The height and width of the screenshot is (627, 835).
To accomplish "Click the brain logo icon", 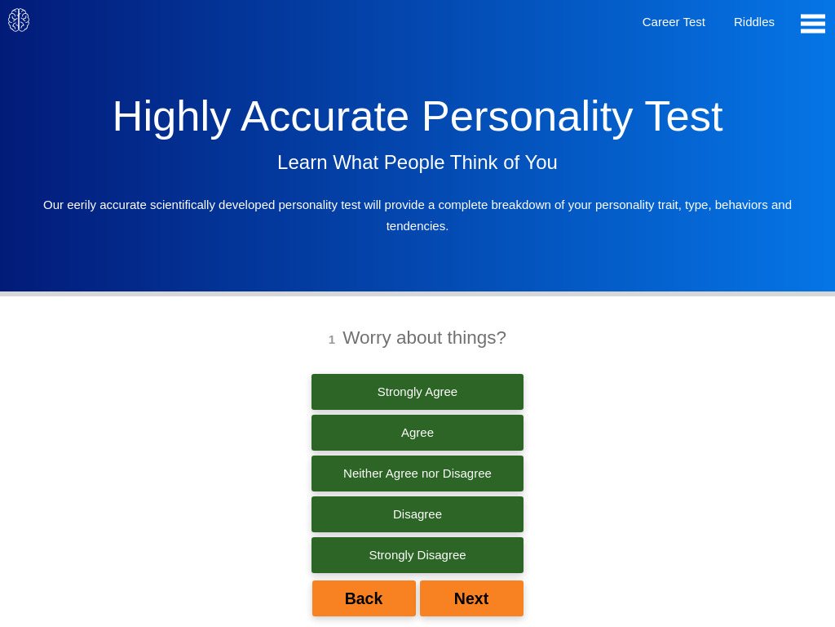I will coord(19,20).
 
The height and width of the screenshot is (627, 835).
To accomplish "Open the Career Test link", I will coord(674,22).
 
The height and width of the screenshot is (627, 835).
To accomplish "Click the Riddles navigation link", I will coord(754,22).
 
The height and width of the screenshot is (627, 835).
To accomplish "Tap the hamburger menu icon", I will coord(813,24).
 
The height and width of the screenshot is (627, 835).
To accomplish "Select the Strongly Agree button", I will coord(417,392).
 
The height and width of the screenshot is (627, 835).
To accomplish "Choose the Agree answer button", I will coord(417,433).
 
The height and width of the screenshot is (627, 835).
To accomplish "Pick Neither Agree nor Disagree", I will coord(417,474).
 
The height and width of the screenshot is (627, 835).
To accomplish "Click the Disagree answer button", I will coord(417,514).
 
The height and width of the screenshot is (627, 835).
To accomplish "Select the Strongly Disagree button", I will coord(417,555).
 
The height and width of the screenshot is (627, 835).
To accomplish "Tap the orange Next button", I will coord(471,598).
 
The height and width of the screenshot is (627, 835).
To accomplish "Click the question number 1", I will coord(332,340).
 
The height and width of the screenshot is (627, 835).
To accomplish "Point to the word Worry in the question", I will coord(367,338).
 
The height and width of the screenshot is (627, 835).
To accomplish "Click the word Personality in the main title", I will coord(527,116).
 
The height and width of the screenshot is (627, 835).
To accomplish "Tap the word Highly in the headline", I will coord(171,116).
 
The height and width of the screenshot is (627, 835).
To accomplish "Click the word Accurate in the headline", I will coord(325,116).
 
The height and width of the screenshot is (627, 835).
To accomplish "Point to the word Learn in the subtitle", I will coord(303,162).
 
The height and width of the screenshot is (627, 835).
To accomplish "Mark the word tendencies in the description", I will coord(416,226).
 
